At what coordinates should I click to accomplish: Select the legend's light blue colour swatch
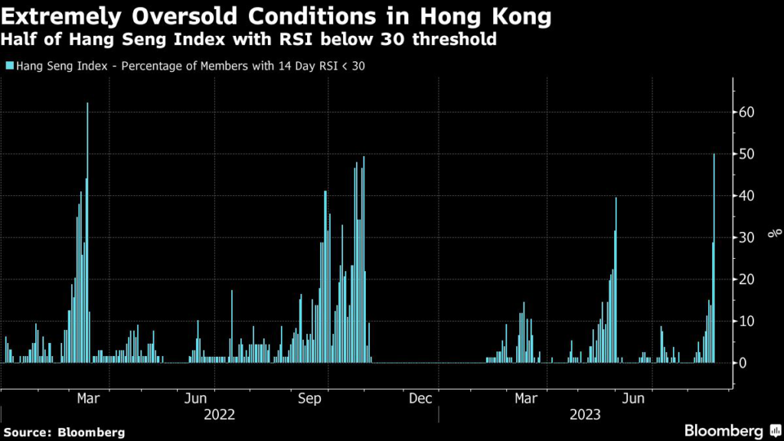coord(8,66)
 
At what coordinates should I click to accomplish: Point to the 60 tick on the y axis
coord(747,113)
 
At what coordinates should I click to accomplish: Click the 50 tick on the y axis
coord(747,154)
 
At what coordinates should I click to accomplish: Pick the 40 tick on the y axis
coord(747,196)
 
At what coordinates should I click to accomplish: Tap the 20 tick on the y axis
coord(747,279)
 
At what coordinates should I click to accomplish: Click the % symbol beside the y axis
coord(776,231)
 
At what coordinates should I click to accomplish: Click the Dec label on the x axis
coord(420,399)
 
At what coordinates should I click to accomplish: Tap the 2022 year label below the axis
coord(219,415)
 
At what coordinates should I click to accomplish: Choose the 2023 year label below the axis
coord(586,415)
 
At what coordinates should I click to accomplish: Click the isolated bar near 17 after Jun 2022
coord(232,326)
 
